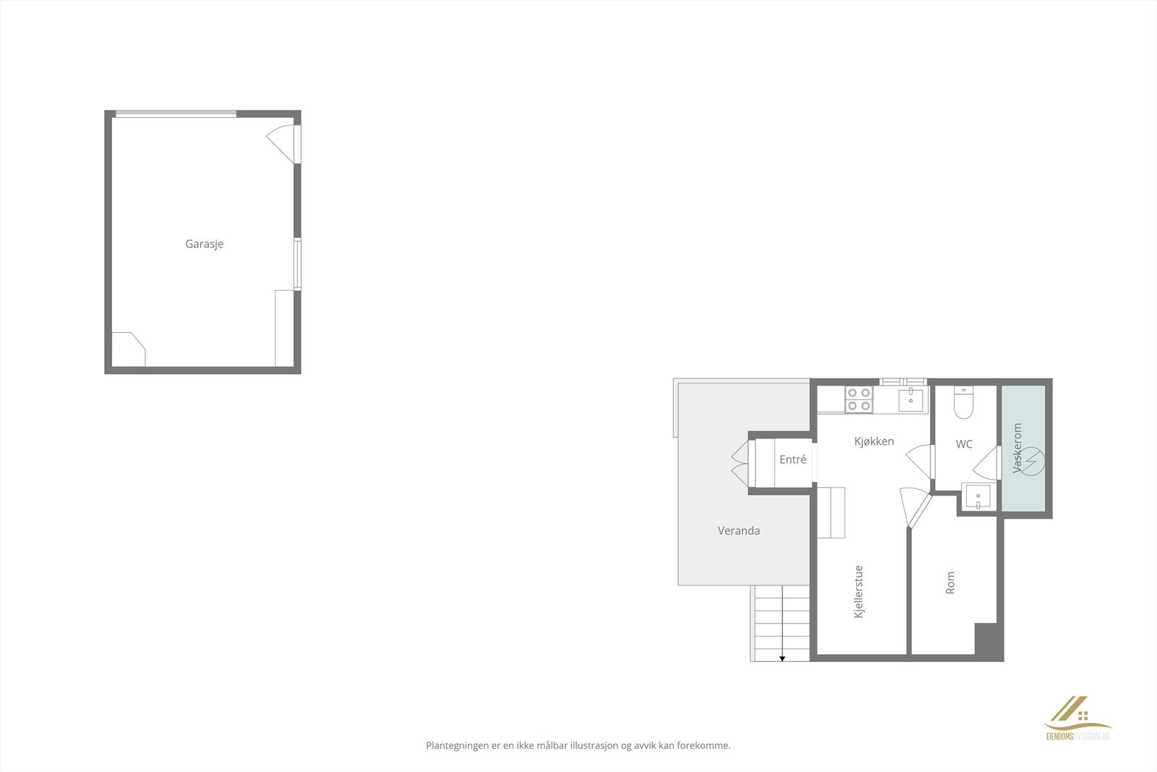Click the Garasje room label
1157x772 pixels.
pos(204,244)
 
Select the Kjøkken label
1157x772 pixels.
pos(874,441)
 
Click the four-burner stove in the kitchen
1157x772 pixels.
pos(859,399)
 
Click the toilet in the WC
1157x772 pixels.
pos(965,404)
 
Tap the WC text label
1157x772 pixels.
pos(964,444)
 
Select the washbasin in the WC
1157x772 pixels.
pos(977,497)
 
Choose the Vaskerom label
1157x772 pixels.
pos(1018,449)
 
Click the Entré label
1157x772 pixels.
pos(793,459)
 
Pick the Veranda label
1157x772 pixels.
pos(738,530)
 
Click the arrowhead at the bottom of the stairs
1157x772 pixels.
pos(782,658)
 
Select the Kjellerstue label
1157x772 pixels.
pos(859,591)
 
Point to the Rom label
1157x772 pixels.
pos(950,582)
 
